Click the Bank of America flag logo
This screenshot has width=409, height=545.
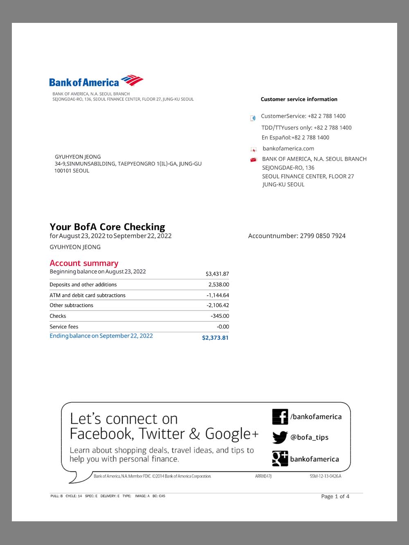pos(132,80)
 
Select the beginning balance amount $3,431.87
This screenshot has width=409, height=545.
pos(217,274)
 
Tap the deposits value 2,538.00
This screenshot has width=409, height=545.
pos(218,284)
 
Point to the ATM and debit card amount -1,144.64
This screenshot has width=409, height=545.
pos(218,295)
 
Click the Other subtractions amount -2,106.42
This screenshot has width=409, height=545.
pos(218,305)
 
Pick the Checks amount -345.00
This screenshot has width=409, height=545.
pos(220,316)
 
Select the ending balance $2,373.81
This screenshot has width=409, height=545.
pos(215,338)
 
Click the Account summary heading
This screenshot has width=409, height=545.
pos(84,263)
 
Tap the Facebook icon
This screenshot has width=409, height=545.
pos(280,417)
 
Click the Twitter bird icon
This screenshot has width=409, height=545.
pos(280,437)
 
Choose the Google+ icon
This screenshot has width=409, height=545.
pos(280,458)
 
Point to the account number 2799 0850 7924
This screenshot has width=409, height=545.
pos(323,236)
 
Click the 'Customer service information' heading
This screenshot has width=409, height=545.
pos(299,99)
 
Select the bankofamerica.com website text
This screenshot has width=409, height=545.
pos(288,149)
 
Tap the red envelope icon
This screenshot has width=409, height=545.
pos(253,160)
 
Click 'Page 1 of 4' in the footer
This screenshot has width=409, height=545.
pos(335,496)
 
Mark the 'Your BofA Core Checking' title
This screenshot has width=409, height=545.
pos(107,227)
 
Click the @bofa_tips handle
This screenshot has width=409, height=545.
pos(309,437)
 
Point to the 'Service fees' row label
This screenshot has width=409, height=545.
pos(64,326)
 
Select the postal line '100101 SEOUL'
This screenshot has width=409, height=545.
pos(72,171)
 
